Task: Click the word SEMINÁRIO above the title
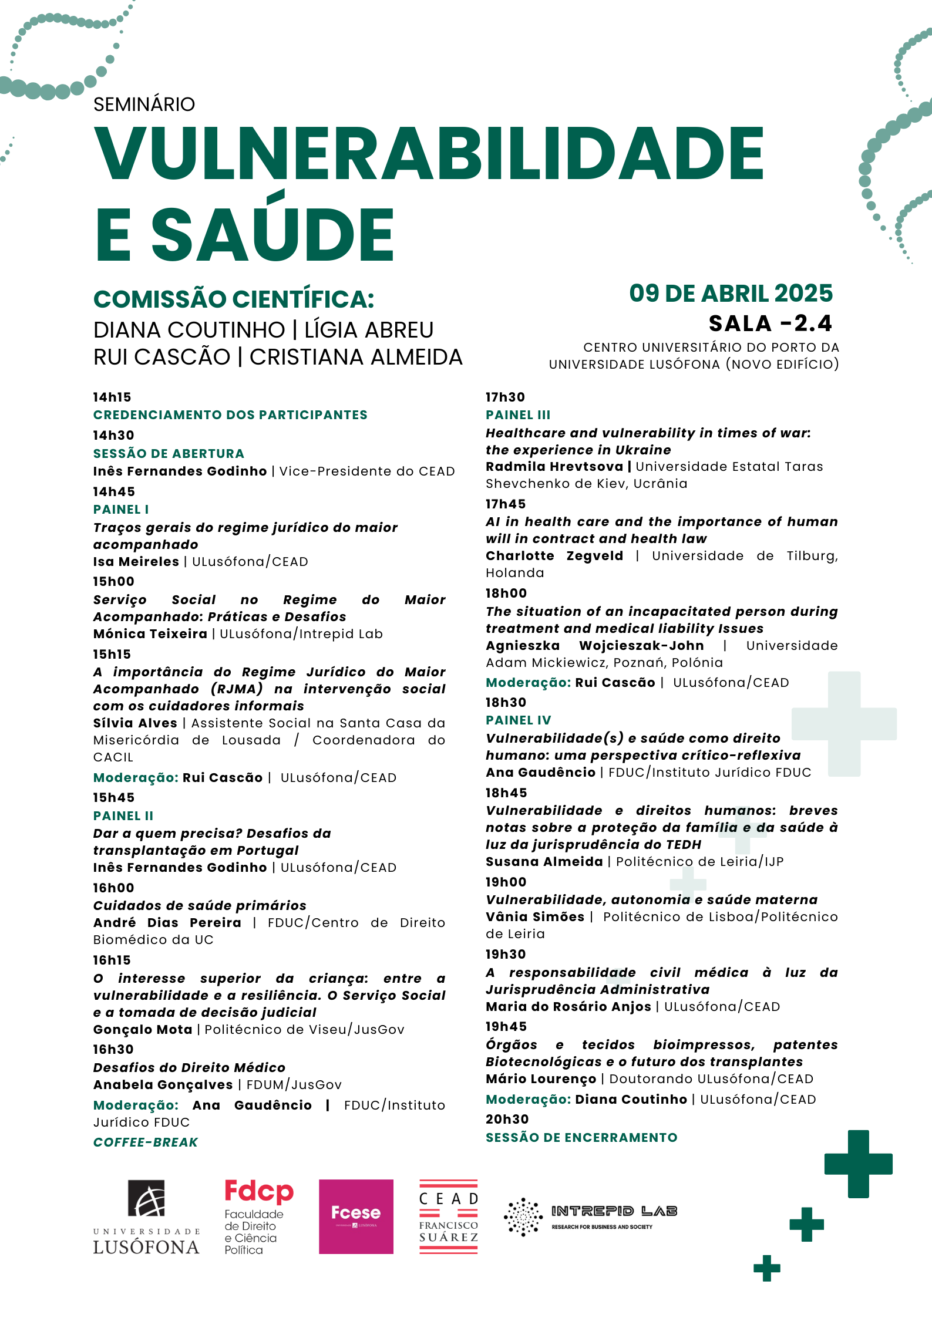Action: [x=144, y=105]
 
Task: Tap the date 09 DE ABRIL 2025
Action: [x=731, y=294]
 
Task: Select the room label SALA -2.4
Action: [x=770, y=323]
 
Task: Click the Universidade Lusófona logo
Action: [x=146, y=1217]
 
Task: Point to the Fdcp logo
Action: [x=258, y=1216]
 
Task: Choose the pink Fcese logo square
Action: [x=356, y=1216]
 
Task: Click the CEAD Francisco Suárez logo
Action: [x=449, y=1216]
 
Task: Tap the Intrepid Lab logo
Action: [x=590, y=1217]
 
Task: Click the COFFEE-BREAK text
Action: [x=146, y=1142]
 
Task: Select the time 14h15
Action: [x=112, y=397]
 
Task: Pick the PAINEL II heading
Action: [x=123, y=816]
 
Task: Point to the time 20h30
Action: [x=507, y=1120]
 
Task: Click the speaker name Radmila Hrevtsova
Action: [x=554, y=467]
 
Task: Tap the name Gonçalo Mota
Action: [x=143, y=1030]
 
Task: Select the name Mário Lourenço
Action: [x=540, y=1079]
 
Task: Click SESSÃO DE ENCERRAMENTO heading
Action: [x=581, y=1138]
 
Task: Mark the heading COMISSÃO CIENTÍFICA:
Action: [x=234, y=299]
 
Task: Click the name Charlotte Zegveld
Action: [x=554, y=556]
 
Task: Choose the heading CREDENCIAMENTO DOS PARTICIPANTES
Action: [x=230, y=415]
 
